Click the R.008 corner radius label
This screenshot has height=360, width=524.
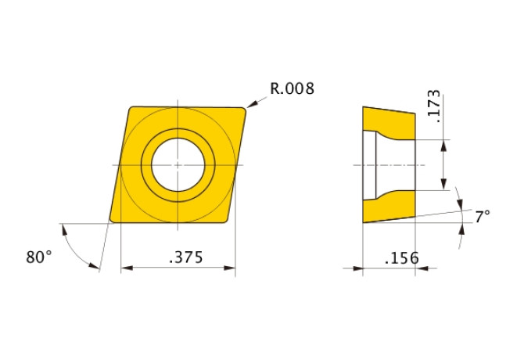click(292, 88)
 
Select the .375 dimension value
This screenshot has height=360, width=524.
click(186, 257)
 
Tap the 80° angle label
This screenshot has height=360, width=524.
click(39, 257)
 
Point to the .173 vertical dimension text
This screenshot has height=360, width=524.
click(434, 106)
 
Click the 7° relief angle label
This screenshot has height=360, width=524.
click(483, 217)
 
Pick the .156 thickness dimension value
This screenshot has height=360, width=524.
click(402, 257)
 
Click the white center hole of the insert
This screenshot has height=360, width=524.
click(178, 165)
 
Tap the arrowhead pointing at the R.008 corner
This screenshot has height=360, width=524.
click(251, 104)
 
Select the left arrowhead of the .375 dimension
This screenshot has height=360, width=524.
click(127, 268)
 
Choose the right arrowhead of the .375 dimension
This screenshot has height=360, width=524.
click(230, 268)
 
